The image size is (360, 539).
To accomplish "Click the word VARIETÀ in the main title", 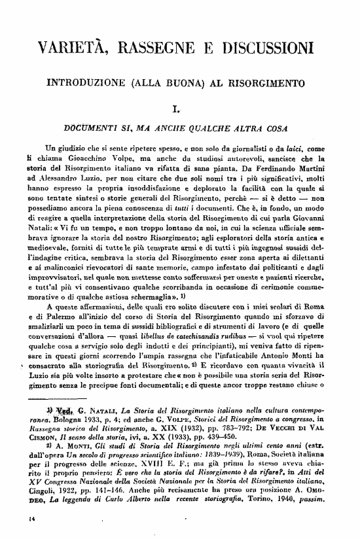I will tap(73, 48).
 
